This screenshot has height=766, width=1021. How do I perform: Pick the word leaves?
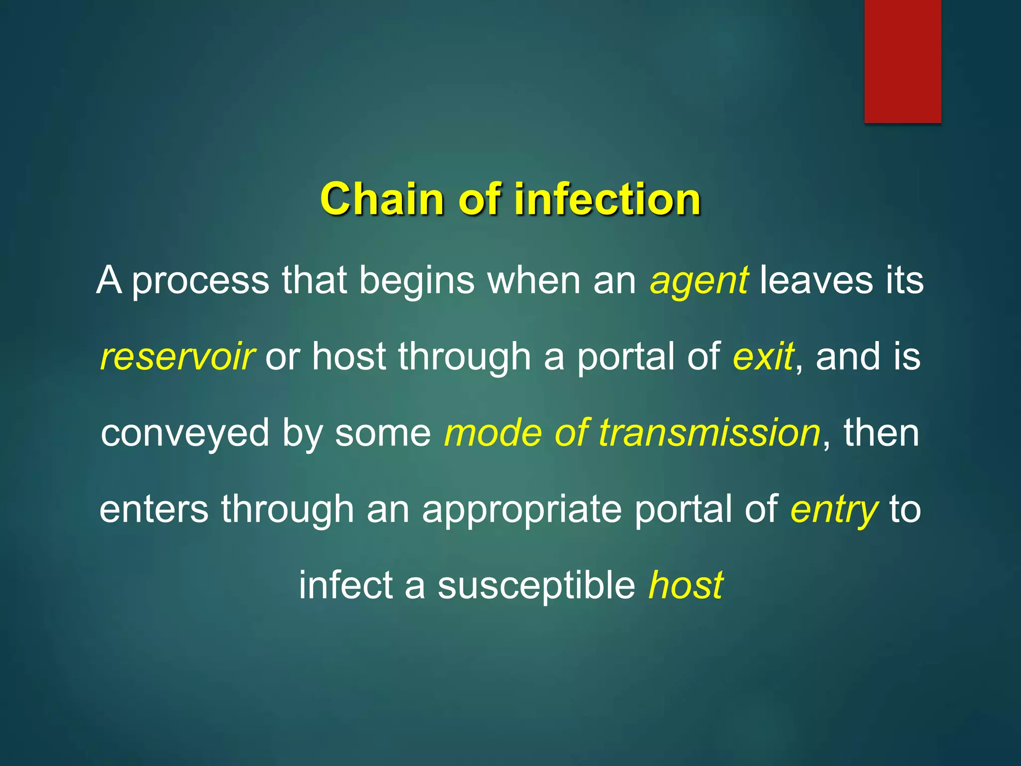(x=816, y=280)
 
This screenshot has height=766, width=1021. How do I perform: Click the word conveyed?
(x=185, y=434)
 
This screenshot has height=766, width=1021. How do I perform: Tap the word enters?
(x=154, y=509)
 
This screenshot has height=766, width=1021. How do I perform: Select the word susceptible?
(x=536, y=586)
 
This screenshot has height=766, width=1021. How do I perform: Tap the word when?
(x=534, y=280)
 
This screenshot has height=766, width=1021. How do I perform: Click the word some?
(x=382, y=433)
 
